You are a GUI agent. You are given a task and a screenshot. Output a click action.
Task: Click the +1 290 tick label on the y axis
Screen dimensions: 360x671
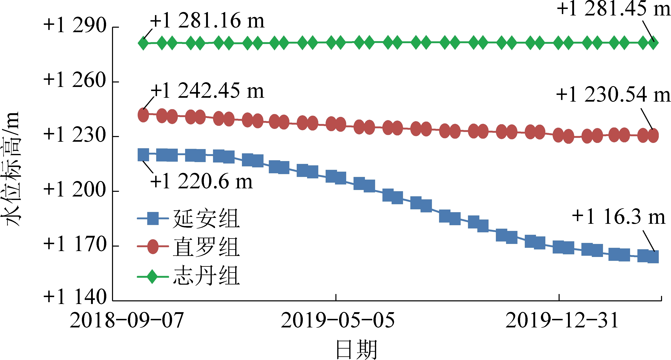pos(75,25)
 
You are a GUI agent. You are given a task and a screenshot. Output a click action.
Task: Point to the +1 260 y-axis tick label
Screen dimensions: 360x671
pos(75,80)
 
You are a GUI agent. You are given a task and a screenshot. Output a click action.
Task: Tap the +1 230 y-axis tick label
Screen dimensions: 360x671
pos(75,135)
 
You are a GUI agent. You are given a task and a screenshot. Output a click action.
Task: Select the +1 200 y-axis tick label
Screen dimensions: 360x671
pos(75,189)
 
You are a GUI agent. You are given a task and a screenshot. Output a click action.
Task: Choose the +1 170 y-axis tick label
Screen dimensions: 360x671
pos(75,244)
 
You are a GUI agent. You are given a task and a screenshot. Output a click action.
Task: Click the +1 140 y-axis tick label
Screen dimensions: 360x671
pos(75,297)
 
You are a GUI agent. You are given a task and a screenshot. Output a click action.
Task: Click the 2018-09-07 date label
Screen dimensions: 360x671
pos(127,320)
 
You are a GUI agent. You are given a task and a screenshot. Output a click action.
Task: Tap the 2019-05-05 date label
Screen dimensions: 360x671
pos(338,320)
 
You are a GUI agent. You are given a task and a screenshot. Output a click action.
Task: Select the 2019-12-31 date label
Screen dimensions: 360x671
pos(562,320)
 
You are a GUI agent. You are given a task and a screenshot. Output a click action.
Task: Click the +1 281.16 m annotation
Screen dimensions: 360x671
pos(207,21)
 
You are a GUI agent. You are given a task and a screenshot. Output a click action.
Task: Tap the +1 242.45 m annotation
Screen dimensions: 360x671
pos(207,91)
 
